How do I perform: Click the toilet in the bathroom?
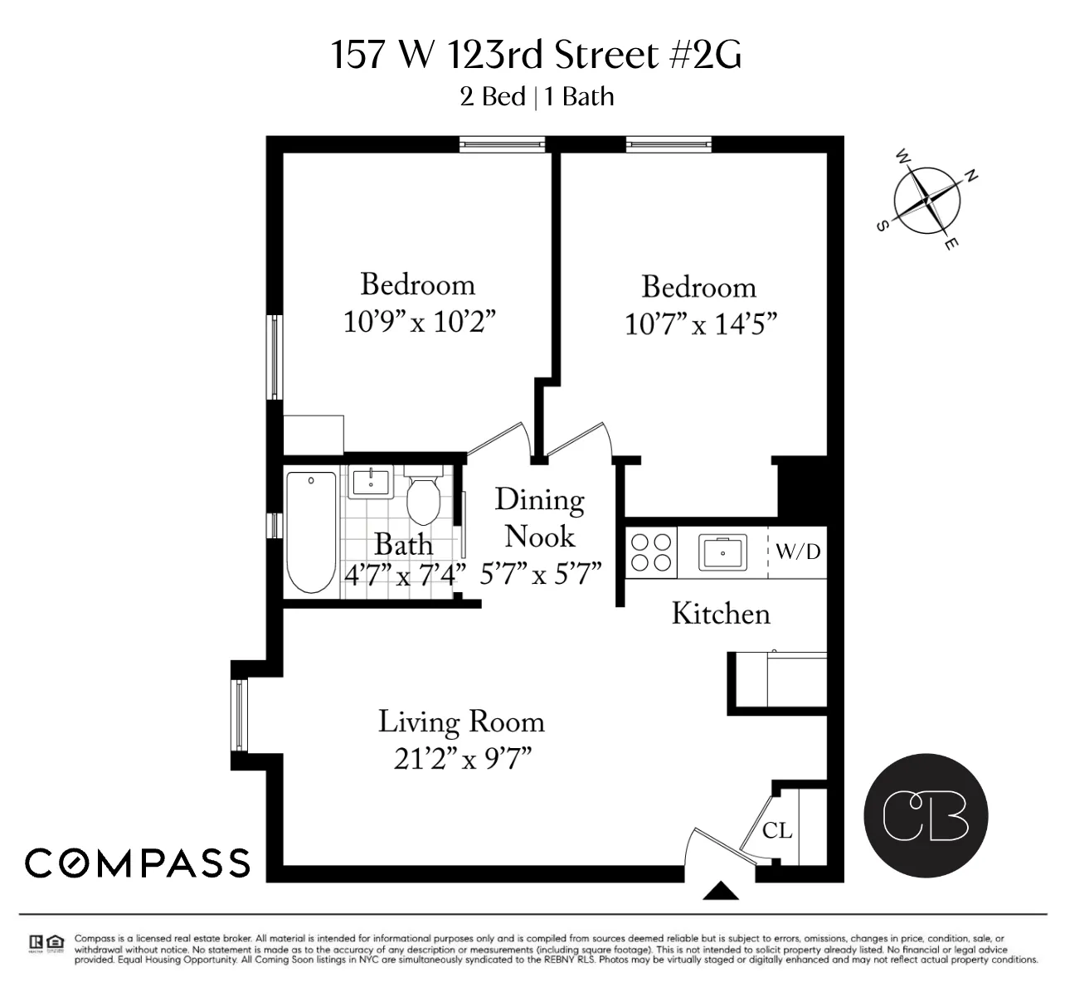(x=424, y=498)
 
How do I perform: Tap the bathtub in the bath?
(x=311, y=531)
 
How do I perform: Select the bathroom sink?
(x=370, y=482)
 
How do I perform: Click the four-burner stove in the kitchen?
(x=651, y=552)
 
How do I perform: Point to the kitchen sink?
(x=722, y=552)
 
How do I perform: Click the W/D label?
(x=798, y=552)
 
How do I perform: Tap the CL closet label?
(x=777, y=830)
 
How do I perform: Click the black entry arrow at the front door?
(x=721, y=891)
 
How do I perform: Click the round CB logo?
(x=926, y=815)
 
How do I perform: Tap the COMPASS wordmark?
(x=138, y=863)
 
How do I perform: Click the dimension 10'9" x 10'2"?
(x=420, y=322)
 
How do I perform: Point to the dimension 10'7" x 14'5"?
(x=701, y=324)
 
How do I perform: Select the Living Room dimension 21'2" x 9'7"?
(x=462, y=759)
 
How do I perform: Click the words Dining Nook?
(x=540, y=518)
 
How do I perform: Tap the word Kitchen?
(x=720, y=614)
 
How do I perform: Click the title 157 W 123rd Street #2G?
(x=536, y=56)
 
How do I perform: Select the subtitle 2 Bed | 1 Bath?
(x=537, y=97)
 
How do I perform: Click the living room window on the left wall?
(x=240, y=714)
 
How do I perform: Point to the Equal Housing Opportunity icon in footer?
(x=56, y=942)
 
